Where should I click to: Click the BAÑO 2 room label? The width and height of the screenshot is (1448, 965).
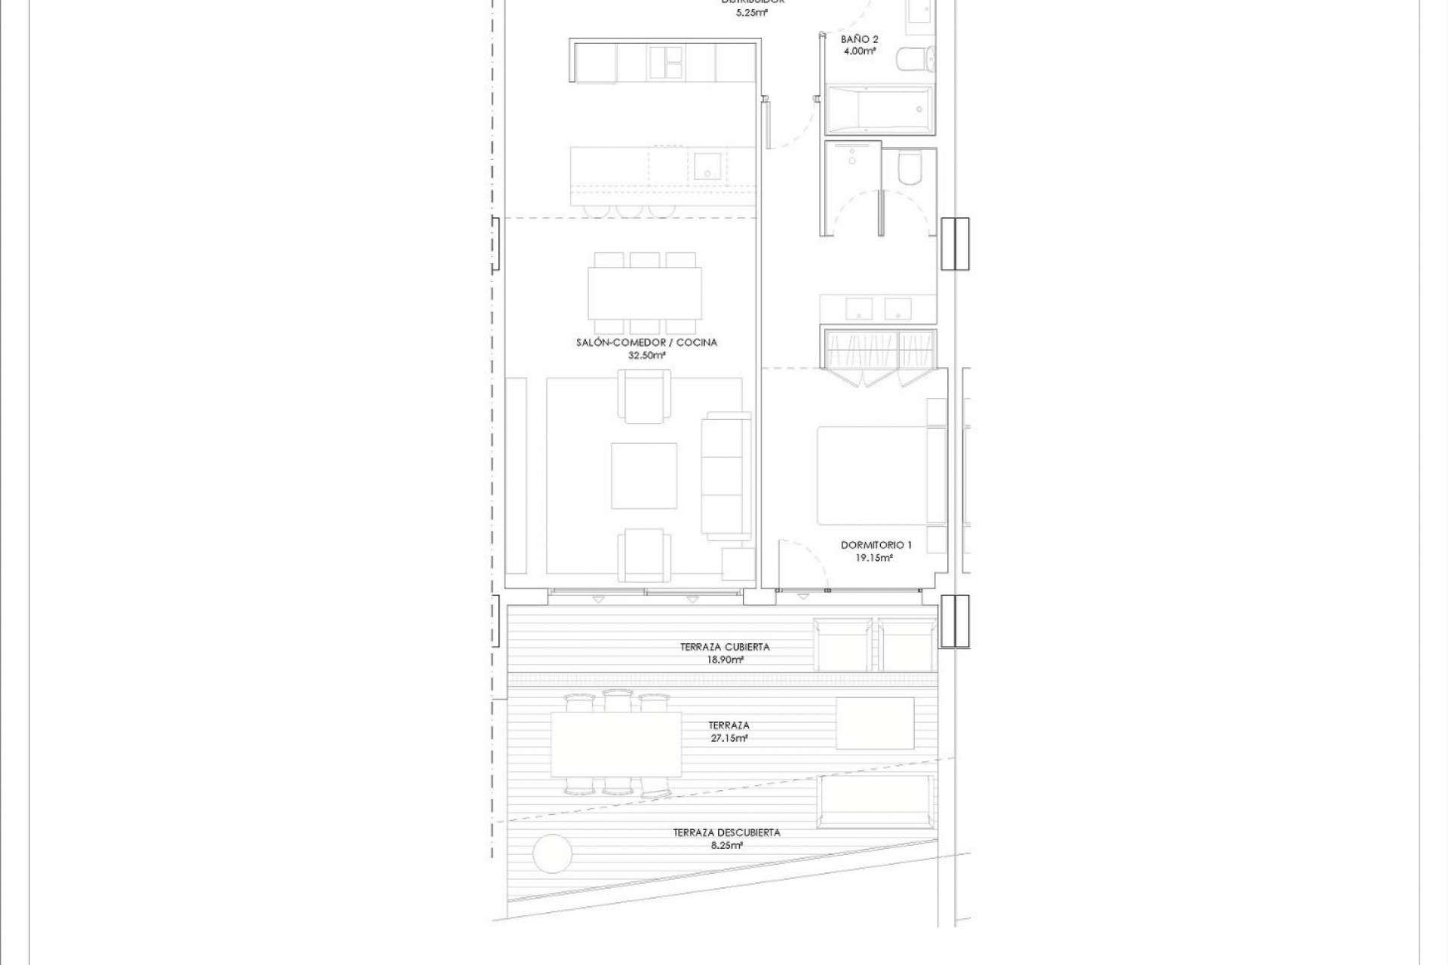pyautogui.click(x=859, y=39)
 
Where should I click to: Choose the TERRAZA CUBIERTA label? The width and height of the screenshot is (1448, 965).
pyautogui.click(x=725, y=647)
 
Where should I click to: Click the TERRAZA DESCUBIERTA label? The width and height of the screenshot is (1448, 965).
pyautogui.click(x=726, y=832)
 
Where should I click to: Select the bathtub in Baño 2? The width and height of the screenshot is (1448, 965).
pyautogui.click(x=879, y=109)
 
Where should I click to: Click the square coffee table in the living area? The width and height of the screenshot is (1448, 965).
pyautogui.click(x=643, y=476)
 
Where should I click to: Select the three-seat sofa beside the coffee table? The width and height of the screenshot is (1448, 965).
pyautogui.click(x=726, y=473)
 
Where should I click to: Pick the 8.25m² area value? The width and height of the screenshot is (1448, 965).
pyautogui.click(x=726, y=845)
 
